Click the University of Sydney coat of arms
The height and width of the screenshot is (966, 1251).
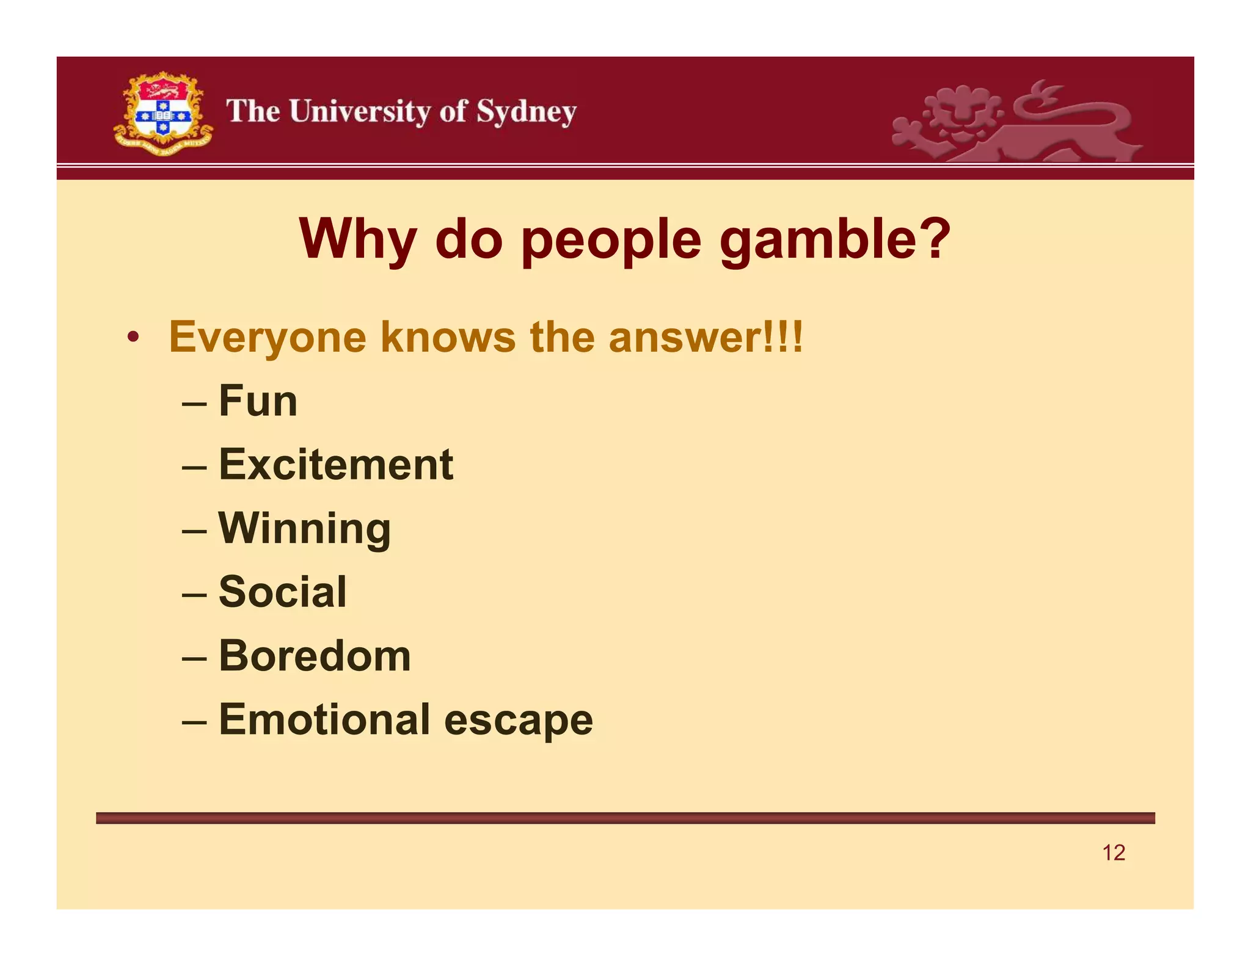pyautogui.click(x=163, y=114)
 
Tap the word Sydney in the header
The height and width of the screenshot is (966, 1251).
pyautogui.click(x=526, y=112)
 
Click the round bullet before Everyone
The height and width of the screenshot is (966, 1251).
pyautogui.click(x=133, y=338)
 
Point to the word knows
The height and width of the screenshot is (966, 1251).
pyautogui.click(x=448, y=338)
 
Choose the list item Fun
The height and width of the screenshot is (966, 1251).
pyautogui.click(x=258, y=401)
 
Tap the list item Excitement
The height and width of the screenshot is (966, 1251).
pyautogui.click(x=336, y=465)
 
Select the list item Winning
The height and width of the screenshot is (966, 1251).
pyautogui.click(x=304, y=528)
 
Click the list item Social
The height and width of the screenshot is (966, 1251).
pyautogui.click(x=282, y=592)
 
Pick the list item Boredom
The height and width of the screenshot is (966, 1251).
pyautogui.click(x=315, y=656)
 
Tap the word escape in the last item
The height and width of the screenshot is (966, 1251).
pyautogui.click(x=519, y=721)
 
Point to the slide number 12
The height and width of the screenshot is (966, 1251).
pyautogui.click(x=1113, y=852)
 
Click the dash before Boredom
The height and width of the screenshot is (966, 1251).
pyautogui.click(x=194, y=658)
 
